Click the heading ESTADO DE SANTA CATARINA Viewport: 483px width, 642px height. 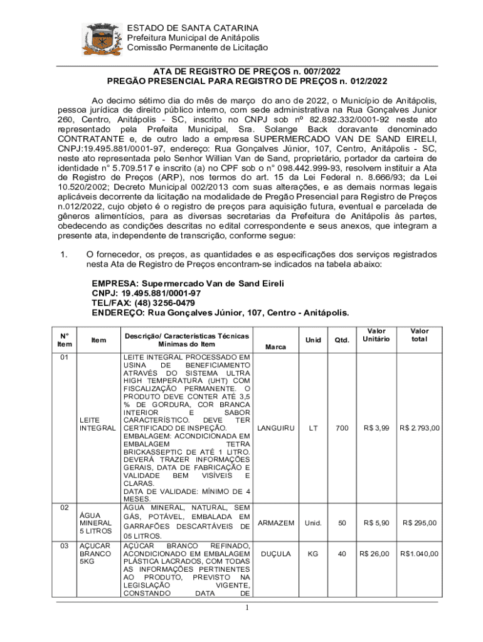point(192,28)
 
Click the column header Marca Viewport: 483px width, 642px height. point(276,346)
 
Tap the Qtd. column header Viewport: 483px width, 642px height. point(342,340)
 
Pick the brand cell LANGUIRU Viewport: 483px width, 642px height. point(276,428)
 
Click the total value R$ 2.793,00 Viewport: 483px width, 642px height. point(420,428)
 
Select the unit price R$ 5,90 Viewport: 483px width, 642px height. point(376,523)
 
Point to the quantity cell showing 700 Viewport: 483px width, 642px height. point(342,428)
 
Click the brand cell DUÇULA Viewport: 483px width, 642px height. point(276,554)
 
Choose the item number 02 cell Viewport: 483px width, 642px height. point(64,508)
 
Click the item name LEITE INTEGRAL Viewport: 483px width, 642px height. point(97,424)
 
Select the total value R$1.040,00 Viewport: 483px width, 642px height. point(420,554)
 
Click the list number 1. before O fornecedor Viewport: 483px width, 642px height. point(63,255)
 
